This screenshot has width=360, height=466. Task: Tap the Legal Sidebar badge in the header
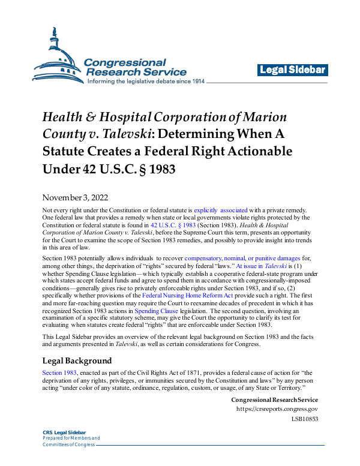(293, 70)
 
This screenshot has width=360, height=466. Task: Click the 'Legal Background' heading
(76, 361)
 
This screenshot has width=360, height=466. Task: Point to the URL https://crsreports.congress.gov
(277, 410)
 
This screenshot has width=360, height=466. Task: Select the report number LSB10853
(304, 419)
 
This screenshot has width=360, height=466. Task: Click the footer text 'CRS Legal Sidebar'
(64, 432)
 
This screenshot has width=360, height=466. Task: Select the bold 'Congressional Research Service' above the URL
(274, 400)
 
